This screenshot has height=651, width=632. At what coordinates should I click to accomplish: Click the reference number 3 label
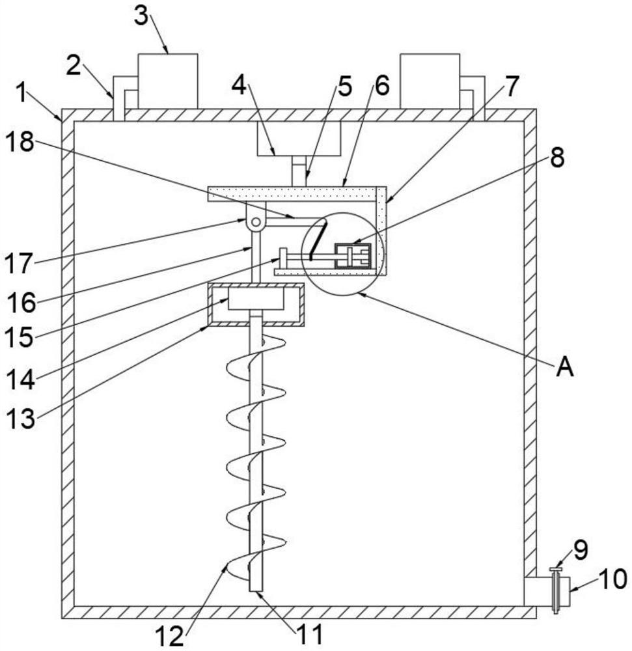[x=141, y=17]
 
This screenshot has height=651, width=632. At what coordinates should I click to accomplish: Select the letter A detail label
[x=565, y=367]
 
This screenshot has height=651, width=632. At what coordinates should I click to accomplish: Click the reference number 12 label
[x=169, y=635]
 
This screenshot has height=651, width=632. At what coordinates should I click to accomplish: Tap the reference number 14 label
[x=20, y=380]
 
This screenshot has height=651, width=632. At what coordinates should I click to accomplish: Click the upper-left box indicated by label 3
[x=168, y=81]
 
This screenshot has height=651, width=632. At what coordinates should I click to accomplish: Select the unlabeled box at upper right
[x=430, y=81]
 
